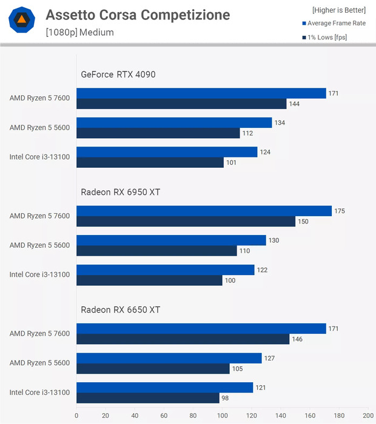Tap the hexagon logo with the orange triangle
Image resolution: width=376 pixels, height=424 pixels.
21,21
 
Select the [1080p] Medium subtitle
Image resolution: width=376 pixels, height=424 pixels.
79,32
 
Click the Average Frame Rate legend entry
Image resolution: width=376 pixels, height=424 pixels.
335,24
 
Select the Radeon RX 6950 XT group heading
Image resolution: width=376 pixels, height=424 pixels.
120,192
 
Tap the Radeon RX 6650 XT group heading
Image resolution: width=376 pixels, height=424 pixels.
120,310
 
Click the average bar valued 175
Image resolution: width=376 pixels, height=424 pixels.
204,211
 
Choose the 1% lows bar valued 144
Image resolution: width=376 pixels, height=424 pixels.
181,104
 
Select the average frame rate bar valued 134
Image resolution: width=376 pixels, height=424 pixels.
174,123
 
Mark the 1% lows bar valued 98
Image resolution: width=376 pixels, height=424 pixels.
148,398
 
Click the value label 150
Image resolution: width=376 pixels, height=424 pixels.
304,222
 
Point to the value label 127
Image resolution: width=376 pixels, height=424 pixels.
270,358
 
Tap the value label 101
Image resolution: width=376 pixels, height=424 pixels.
232,162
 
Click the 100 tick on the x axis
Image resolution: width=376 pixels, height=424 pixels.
222,416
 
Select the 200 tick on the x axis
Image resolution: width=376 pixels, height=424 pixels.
368,416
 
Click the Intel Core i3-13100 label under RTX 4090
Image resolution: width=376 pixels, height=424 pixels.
39,157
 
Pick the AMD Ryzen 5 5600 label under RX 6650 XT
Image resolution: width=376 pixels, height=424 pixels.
39,363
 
